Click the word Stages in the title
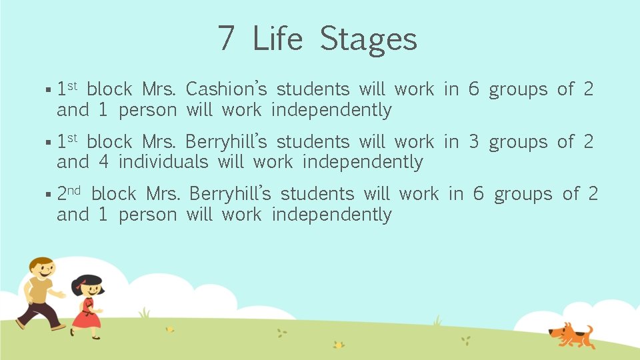tap(368, 39)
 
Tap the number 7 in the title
tap(226, 39)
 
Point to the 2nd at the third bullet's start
tap(68, 194)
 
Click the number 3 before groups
tap(473, 142)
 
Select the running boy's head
tap(41, 269)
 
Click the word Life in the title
tap(277, 39)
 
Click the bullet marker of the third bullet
tap(51, 195)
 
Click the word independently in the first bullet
tap(331, 110)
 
